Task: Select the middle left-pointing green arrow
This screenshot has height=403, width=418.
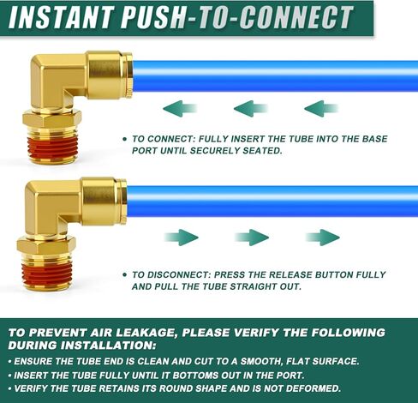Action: (250, 108)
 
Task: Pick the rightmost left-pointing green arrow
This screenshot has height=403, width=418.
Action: (320, 108)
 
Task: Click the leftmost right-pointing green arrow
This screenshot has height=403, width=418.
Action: (181, 238)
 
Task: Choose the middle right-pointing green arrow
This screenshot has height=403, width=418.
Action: (252, 238)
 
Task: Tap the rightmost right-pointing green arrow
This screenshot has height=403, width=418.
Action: (323, 238)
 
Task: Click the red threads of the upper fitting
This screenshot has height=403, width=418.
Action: (52, 146)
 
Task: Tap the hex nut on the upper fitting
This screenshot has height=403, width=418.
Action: (52, 118)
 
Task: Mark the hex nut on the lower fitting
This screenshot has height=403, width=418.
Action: (46, 246)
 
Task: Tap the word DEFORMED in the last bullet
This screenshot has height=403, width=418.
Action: (309, 388)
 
